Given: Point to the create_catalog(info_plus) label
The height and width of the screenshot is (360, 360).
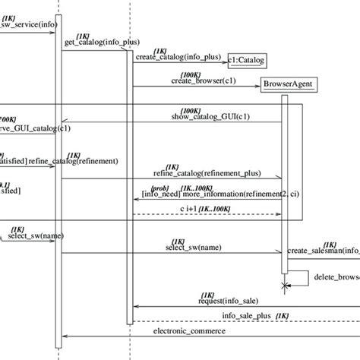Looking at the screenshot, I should [179, 57].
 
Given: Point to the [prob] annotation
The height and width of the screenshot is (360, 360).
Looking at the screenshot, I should [160, 187].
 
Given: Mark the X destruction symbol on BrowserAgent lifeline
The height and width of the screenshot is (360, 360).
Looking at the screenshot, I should [286, 286].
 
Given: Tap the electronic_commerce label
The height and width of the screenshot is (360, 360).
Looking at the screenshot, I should [189, 331].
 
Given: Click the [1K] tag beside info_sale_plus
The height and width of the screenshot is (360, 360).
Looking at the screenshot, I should [282, 315].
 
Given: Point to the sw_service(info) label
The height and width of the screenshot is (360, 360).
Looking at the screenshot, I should [28, 24].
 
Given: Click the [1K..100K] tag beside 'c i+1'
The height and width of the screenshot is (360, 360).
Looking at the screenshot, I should [216, 208].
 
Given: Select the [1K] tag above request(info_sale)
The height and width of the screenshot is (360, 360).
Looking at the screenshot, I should [207, 292].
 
